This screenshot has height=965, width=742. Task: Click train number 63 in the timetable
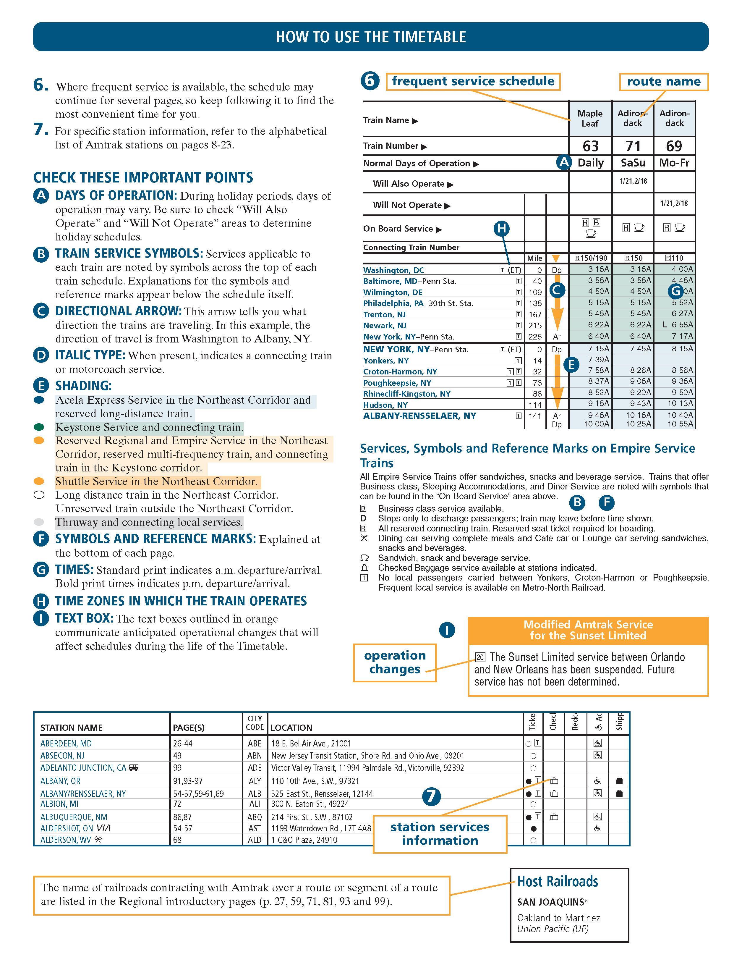[591, 146]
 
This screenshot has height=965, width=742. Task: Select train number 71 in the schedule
[633, 146]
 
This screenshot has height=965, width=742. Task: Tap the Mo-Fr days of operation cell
[674, 163]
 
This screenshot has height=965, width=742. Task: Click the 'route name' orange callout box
[663, 82]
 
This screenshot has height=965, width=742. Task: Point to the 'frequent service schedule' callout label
[473, 81]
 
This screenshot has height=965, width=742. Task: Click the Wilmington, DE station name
[393, 292]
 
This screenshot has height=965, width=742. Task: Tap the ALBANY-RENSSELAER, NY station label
[419, 416]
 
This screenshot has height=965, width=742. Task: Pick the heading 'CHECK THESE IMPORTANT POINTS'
[143, 178]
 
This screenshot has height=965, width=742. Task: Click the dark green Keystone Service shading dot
[39, 427]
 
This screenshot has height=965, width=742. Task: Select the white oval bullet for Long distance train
[39, 495]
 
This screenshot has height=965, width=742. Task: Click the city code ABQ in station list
[255, 817]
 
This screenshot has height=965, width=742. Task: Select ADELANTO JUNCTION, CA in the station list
[83, 768]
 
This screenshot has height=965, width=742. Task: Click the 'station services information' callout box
[440, 834]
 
